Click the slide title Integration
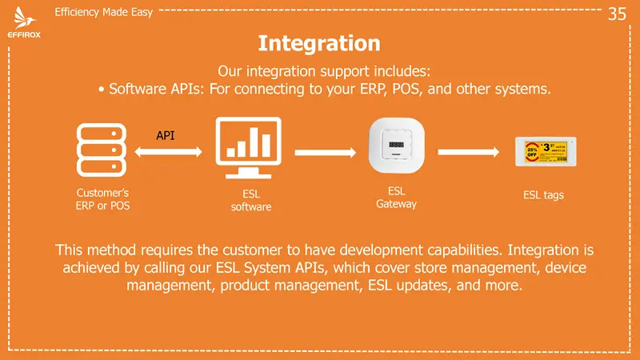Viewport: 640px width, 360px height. point(319,42)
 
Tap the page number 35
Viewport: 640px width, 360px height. point(617,14)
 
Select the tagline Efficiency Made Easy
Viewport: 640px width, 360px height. point(103,13)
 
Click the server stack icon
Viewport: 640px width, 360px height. point(101,150)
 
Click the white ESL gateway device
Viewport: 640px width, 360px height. point(396,146)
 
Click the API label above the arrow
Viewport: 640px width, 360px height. point(166,135)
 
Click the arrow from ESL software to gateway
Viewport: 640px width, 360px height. point(322,150)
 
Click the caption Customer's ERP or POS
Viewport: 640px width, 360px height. point(102,199)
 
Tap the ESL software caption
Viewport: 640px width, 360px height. point(251,200)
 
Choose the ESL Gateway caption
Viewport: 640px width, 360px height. point(396,198)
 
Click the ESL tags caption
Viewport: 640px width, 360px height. point(543,194)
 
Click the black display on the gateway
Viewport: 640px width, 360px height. point(396,145)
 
